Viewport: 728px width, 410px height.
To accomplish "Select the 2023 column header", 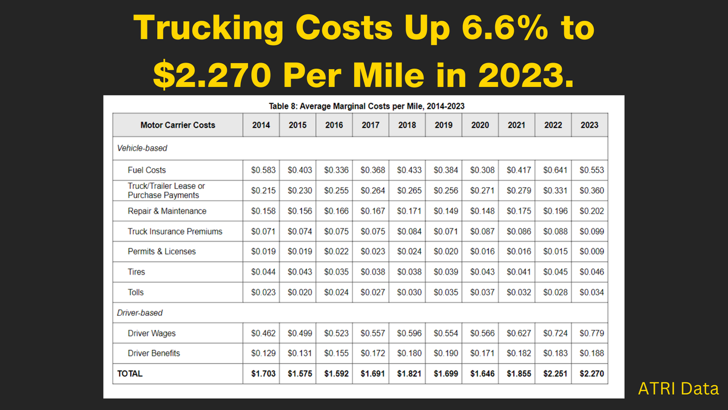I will [x=589, y=125].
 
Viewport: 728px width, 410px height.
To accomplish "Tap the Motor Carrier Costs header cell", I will [x=178, y=125].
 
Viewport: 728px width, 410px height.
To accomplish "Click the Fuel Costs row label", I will [x=147, y=170].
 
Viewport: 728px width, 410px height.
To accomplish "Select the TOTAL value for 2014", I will [x=263, y=374].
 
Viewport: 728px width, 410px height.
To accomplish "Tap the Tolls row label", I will [x=136, y=292].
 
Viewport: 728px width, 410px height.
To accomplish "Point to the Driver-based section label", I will [x=140, y=313].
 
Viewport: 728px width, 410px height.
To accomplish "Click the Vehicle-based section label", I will [x=142, y=148].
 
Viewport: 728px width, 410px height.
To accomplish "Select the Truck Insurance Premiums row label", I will [x=175, y=231].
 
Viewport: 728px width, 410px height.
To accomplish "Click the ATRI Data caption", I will [x=678, y=389].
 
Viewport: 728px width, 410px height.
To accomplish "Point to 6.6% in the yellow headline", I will [x=478, y=29].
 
